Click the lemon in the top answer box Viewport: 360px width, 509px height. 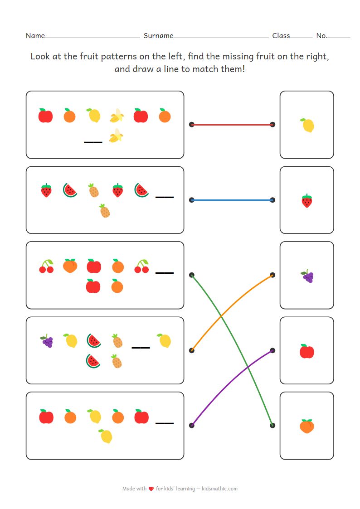tap(307, 125)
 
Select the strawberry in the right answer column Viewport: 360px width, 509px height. tap(307, 200)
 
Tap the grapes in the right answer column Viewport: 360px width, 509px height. tap(307, 276)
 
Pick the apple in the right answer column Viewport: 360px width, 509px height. tap(307, 351)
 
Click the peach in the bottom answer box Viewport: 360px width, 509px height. tap(307, 426)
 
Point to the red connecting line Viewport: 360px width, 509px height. tap(232, 124)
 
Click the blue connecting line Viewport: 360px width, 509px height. tap(232, 199)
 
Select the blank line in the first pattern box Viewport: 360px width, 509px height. tap(93, 142)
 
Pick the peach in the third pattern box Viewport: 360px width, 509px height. tap(70, 266)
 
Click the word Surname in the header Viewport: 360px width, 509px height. tap(158, 36)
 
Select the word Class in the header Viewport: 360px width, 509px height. tap(281, 36)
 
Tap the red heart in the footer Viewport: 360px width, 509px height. tap(151, 489)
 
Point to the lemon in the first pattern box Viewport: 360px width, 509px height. tap(94, 116)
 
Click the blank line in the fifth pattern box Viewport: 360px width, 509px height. tap(165, 423)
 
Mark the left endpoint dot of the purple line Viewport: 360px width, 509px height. tap(192, 425)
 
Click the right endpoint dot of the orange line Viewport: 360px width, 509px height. tap(272, 275)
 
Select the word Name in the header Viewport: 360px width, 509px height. tap(35, 36)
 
